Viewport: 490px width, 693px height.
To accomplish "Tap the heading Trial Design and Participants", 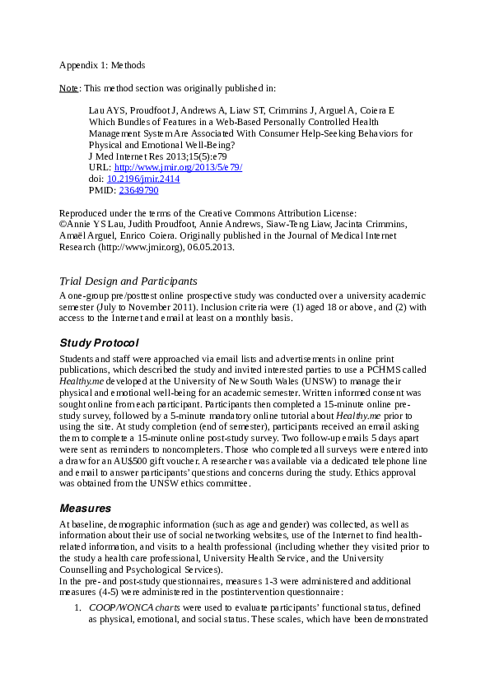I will [128, 281].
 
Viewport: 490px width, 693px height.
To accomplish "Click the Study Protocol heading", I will [99, 342].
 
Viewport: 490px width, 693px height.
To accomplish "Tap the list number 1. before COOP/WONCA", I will [76, 607].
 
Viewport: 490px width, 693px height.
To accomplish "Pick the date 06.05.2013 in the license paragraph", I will [209, 246].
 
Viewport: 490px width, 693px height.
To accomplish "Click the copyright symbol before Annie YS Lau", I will [63, 223].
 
